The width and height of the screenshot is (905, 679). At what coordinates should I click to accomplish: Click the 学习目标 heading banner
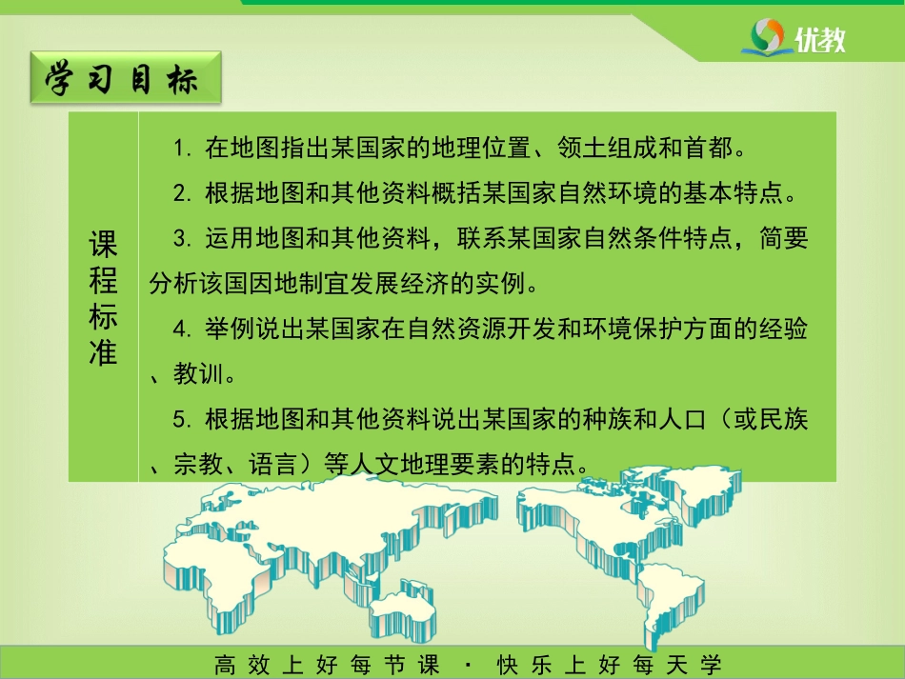pos(126,78)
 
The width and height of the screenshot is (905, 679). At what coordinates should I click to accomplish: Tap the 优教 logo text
pos(819,39)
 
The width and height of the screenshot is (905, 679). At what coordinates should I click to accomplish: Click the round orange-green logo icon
pos(767,36)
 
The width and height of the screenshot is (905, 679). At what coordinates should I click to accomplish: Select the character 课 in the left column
pos(103,244)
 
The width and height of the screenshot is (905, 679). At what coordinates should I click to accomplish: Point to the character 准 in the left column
pos(103,351)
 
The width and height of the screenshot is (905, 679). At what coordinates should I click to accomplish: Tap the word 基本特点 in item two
pos(734,192)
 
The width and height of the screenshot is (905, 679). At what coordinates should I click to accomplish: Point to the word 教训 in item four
pos(198,374)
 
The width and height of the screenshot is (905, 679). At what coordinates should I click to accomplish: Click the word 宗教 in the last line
pos(198,465)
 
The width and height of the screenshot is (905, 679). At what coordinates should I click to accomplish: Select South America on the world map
pos(670,600)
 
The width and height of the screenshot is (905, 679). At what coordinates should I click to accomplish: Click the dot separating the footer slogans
pos(468,666)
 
